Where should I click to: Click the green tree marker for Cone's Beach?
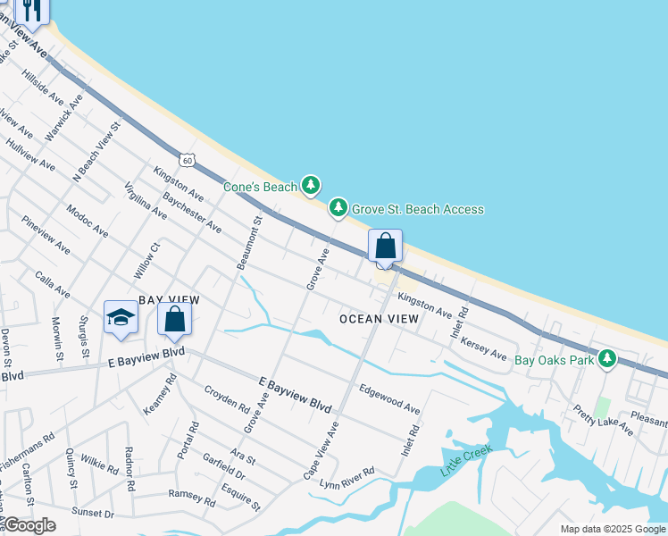click(310, 186)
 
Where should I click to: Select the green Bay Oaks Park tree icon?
click(607, 359)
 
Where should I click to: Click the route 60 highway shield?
click(186, 160)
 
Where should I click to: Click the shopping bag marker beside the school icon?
click(175, 318)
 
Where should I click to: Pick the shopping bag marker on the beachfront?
click(385, 246)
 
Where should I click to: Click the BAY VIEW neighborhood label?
click(169, 300)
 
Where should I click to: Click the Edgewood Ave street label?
click(389, 398)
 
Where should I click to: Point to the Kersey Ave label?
click(486, 349)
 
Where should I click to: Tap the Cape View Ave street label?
click(321, 451)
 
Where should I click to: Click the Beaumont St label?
click(248, 242)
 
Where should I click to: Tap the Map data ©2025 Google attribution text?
click(612, 529)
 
